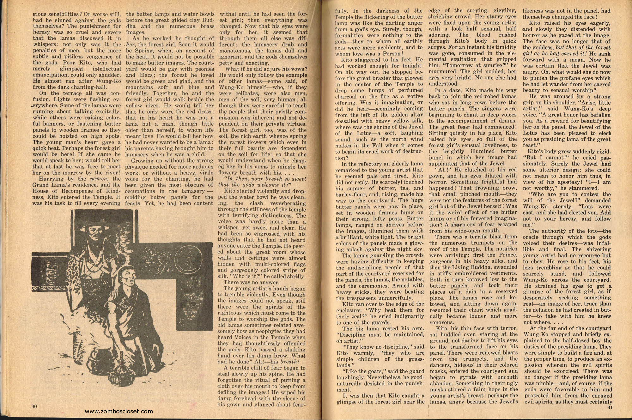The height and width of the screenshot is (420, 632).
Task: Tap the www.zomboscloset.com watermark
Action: [x=119, y=411]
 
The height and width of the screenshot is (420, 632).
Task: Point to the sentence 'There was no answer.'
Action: [x=251, y=282]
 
